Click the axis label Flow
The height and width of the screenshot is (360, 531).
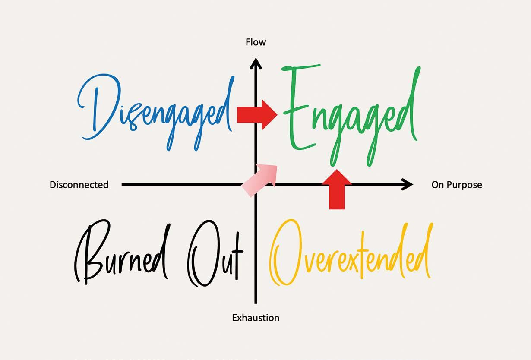point(256,42)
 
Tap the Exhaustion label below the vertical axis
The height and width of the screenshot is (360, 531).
point(256,318)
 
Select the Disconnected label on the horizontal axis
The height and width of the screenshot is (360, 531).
point(79,185)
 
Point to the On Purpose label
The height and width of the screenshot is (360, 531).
point(457,185)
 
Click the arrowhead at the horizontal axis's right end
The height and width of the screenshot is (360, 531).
point(407,185)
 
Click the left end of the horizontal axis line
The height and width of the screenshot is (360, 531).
point(123,185)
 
